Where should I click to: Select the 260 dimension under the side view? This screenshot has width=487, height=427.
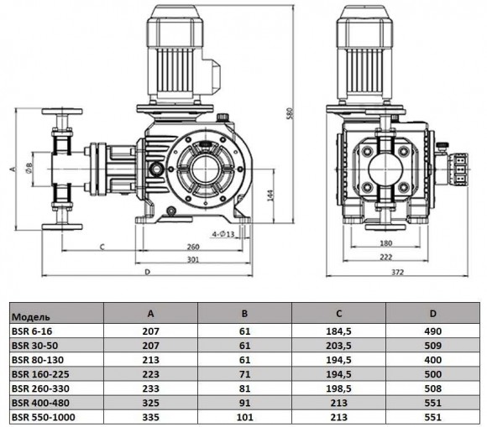(194, 246)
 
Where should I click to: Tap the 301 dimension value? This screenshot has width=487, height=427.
(194, 259)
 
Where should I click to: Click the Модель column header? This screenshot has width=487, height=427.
(30, 317)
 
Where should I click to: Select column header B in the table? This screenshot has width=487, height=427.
(244, 315)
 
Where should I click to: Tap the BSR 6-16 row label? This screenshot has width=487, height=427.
(31, 331)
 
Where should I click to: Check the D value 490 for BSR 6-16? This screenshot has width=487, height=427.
(434, 331)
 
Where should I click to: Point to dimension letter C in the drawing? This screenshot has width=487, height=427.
(101, 247)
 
